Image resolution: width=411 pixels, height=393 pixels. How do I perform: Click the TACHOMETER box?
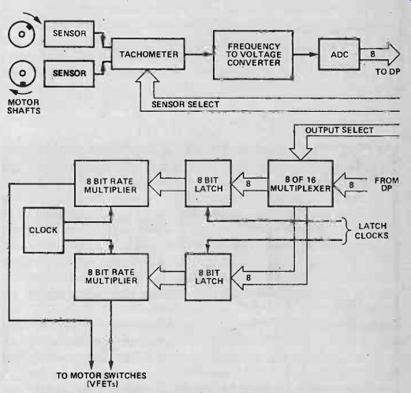point(148,54)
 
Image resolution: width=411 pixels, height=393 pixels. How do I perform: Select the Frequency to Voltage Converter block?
point(253,55)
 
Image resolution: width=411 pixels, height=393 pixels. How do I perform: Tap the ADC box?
point(339,54)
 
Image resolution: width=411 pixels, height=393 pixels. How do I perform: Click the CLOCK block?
point(43,230)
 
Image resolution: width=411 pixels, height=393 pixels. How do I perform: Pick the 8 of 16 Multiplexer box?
point(301,184)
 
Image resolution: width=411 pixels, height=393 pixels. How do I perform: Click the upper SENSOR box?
point(69,34)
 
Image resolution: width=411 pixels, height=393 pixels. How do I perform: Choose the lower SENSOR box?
point(69,73)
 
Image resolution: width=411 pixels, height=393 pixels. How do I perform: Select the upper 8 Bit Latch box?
point(208,184)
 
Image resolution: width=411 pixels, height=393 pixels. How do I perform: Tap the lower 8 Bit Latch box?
point(208,277)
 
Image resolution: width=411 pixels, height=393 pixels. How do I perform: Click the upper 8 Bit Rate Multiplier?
point(111,184)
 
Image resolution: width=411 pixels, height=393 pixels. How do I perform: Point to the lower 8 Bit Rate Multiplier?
point(111,277)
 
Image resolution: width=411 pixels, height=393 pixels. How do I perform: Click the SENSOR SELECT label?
point(185,105)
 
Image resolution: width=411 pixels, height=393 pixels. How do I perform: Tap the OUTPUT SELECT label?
point(339,130)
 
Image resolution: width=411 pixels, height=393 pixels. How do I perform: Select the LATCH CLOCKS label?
point(372,231)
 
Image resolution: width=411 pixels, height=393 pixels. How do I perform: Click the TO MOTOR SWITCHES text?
point(102,376)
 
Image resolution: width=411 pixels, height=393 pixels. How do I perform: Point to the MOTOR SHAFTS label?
point(24,106)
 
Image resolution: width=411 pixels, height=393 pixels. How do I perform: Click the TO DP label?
point(387,72)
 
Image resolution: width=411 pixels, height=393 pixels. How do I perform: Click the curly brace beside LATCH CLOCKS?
point(346,231)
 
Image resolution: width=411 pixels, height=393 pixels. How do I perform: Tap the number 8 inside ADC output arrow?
point(372,54)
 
